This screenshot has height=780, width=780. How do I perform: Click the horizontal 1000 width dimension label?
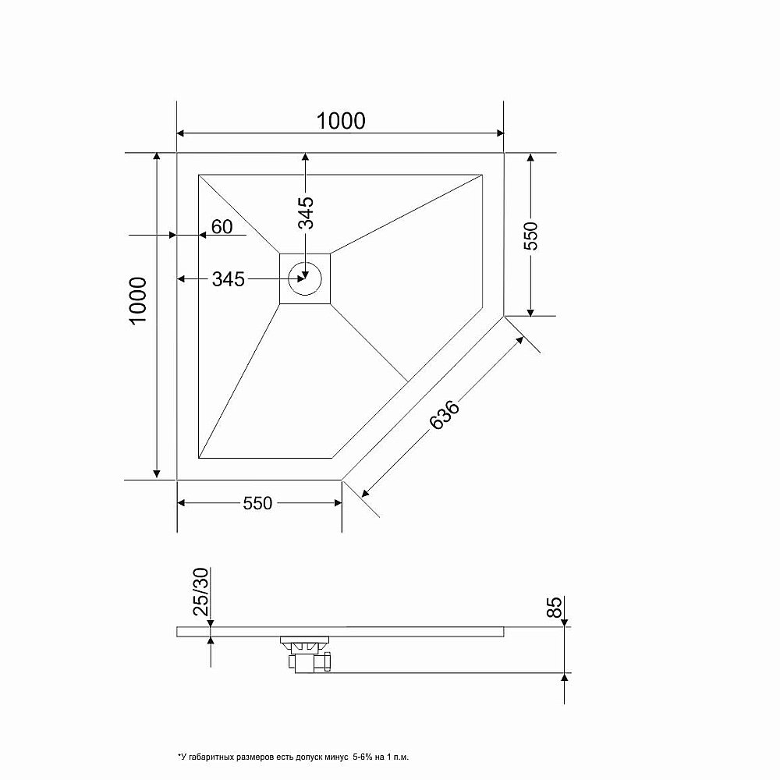341,120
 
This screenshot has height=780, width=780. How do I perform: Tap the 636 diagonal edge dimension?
445,416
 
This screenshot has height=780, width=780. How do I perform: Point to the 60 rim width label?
222,226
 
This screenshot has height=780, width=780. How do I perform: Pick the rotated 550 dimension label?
530,236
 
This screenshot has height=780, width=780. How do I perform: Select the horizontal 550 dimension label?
257,503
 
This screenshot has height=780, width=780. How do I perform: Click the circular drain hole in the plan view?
305,278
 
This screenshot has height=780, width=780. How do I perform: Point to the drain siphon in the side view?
310,654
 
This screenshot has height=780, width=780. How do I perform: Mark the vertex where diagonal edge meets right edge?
504,316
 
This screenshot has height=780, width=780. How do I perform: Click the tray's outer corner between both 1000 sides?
178,154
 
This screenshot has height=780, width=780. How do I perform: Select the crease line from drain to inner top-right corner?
406,214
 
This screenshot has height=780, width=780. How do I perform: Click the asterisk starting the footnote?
179,756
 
